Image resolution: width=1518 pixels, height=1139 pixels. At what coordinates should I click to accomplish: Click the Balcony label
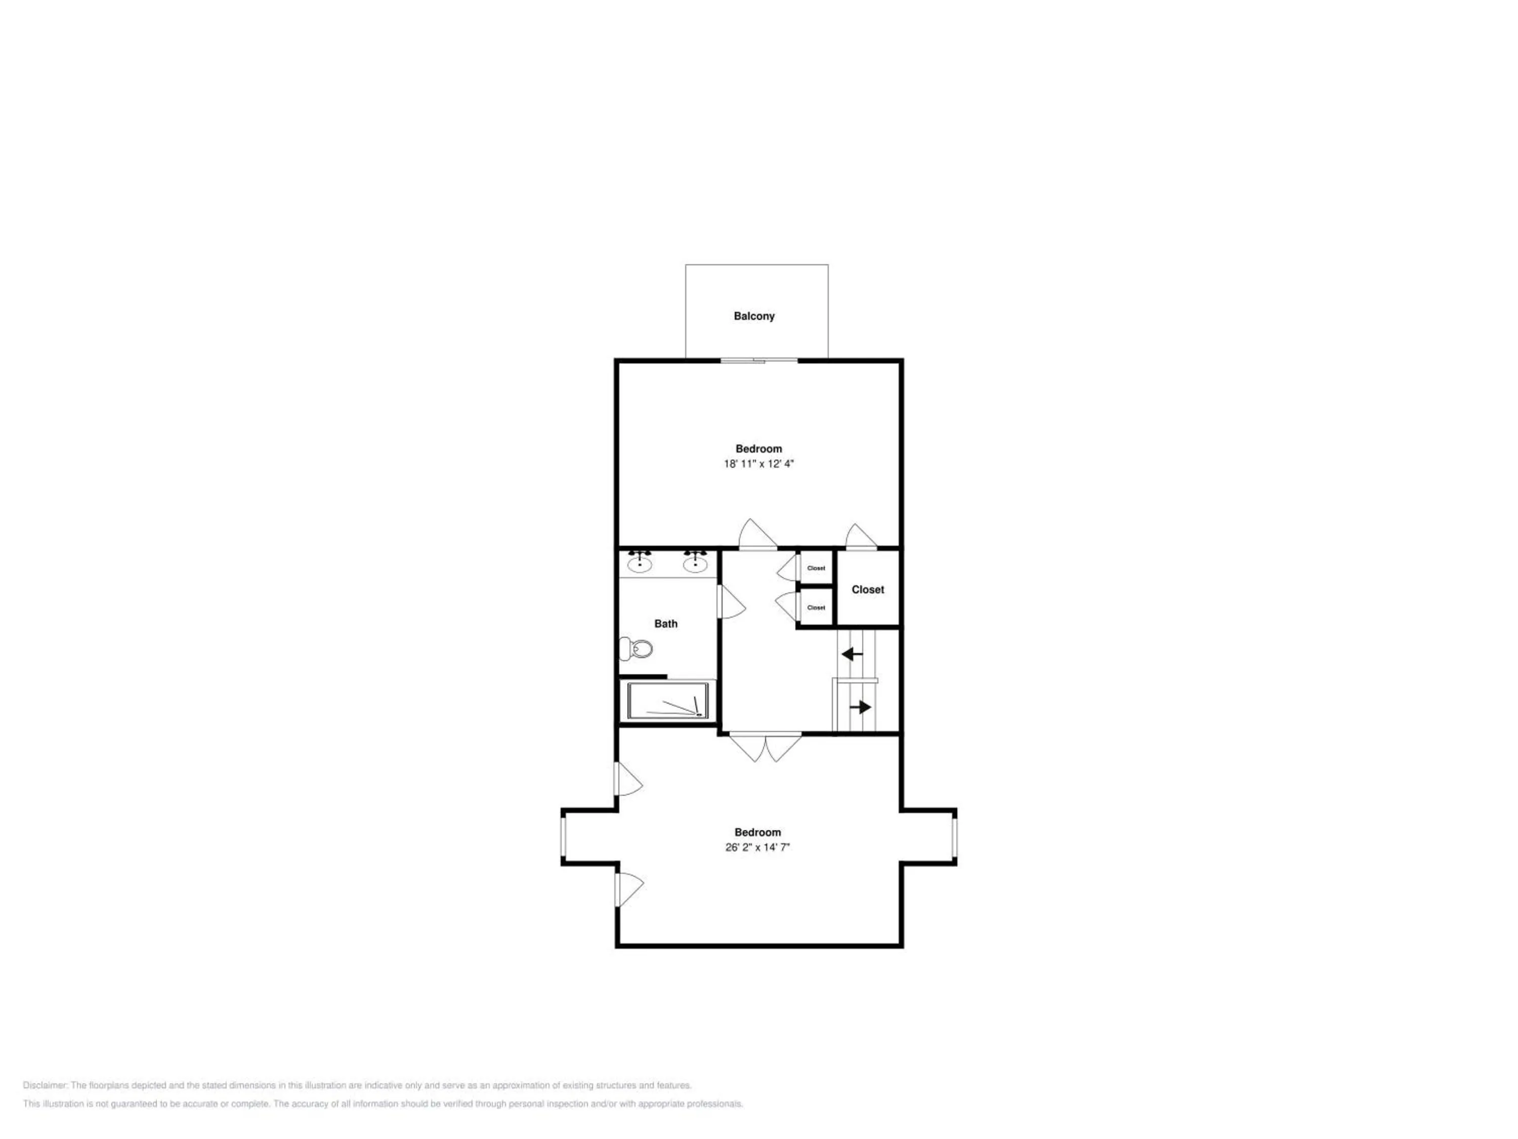click(754, 316)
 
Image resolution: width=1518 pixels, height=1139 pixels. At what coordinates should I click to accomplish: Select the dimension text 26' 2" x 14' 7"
click(757, 847)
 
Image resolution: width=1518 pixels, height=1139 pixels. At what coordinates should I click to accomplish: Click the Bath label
click(666, 623)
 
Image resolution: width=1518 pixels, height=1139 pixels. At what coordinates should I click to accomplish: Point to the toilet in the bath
click(636, 648)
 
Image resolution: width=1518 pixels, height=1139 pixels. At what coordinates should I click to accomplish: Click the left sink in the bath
click(640, 562)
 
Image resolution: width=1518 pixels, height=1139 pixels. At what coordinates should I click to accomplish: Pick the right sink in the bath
click(695, 562)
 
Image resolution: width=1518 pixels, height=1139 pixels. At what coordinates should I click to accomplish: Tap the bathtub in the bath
click(668, 700)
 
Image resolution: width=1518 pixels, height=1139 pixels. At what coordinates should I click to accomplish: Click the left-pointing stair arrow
click(852, 654)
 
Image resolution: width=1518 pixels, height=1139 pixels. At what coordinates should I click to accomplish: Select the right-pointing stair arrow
click(861, 707)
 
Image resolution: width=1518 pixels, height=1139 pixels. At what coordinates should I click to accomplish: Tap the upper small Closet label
click(816, 568)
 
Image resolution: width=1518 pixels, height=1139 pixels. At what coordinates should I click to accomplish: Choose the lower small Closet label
click(816, 607)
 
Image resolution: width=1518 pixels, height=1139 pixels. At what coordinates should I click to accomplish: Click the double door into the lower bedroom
click(765, 748)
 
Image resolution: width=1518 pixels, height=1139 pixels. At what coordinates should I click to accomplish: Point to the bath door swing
click(732, 601)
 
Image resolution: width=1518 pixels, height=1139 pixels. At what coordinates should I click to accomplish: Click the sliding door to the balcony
click(759, 360)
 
